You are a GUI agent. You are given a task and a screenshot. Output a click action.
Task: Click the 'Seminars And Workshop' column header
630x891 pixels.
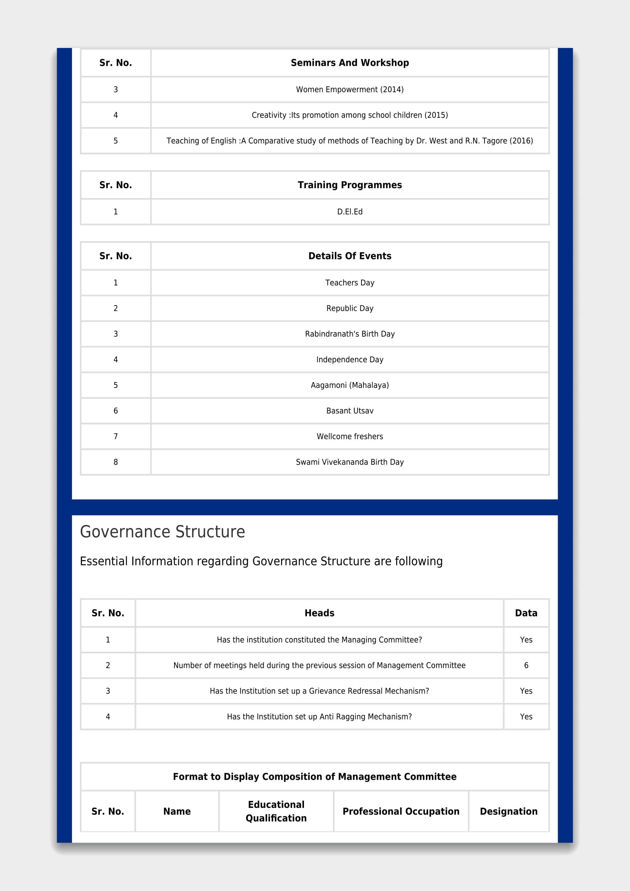tap(350, 63)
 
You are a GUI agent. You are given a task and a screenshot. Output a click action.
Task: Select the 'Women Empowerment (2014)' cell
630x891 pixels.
tap(350, 90)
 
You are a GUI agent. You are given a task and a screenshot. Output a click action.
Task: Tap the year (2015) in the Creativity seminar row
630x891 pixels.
tap(436, 115)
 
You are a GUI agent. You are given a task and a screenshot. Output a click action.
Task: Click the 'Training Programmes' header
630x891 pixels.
tap(350, 185)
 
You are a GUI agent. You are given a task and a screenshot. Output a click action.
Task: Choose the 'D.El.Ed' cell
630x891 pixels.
tap(350, 212)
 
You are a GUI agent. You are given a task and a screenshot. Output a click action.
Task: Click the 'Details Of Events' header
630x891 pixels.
tap(350, 256)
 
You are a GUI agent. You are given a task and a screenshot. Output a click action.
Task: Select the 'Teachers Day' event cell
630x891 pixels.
tap(350, 283)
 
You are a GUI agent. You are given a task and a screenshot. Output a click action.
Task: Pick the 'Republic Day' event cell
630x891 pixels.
tap(350, 309)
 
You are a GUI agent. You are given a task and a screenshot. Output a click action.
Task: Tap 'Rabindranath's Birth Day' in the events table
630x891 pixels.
tap(350, 334)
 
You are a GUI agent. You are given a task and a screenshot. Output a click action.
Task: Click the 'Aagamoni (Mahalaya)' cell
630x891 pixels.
tap(350, 386)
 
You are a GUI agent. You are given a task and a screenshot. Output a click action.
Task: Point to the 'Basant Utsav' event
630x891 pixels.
tap(350, 411)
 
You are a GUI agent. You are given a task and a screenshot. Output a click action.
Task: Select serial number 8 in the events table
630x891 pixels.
tap(116, 462)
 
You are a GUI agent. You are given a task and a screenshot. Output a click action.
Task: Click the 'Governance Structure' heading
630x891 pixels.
tap(163, 532)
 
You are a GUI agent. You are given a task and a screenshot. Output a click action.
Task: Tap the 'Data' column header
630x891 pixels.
tap(526, 613)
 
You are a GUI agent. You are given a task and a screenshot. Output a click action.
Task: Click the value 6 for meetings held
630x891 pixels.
tap(526, 665)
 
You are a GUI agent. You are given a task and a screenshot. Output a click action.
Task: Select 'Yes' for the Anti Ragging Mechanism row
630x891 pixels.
tap(526, 717)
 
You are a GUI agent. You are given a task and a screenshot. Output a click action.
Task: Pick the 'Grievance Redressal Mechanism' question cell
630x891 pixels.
tap(319, 691)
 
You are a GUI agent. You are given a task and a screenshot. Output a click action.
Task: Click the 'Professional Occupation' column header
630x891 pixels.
tap(401, 811)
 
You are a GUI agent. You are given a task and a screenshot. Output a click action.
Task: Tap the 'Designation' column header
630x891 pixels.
tap(508, 811)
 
